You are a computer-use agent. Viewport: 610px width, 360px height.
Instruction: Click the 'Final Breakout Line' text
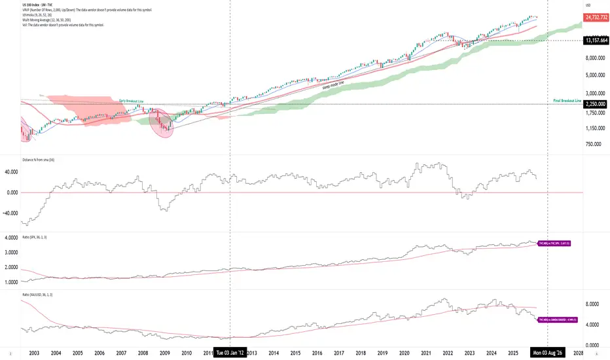pos(567,100)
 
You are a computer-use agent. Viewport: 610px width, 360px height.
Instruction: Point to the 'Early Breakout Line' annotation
pos(132,101)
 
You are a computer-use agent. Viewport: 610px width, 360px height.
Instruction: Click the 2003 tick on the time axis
pos(33,353)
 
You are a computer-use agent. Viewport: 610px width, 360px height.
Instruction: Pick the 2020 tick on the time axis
pos(404,353)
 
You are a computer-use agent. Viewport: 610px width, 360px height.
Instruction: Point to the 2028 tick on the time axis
pos(579,353)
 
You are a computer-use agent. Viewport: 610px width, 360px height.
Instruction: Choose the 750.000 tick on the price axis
pos(594,144)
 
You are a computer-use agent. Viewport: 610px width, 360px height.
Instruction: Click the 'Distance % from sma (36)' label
pos(41,158)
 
